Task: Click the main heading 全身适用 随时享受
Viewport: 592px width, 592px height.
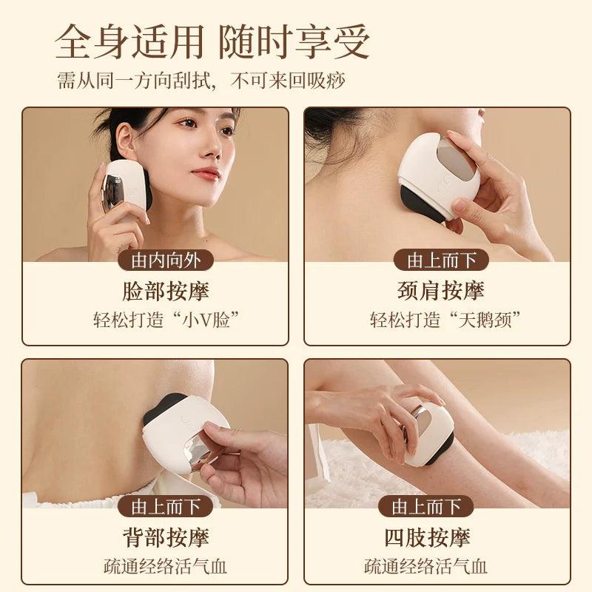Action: pos(212,41)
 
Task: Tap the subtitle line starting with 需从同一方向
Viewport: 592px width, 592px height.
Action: pos(201,81)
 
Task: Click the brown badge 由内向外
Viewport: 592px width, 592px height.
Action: pos(165,260)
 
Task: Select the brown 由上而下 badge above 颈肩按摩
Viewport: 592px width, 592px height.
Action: pos(441,260)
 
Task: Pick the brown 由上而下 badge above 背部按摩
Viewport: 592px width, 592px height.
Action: pos(165,507)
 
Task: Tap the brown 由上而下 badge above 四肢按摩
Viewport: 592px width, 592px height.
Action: pos(426,507)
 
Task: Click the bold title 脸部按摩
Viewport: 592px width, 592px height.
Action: pos(165,291)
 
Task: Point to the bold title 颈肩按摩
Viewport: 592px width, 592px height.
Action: pos(440,291)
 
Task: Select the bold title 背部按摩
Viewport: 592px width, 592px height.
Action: pos(165,537)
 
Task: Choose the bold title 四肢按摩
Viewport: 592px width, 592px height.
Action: pos(427,537)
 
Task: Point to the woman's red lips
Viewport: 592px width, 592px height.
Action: pos(205,173)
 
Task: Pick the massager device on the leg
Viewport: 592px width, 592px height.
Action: pos(428,437)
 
